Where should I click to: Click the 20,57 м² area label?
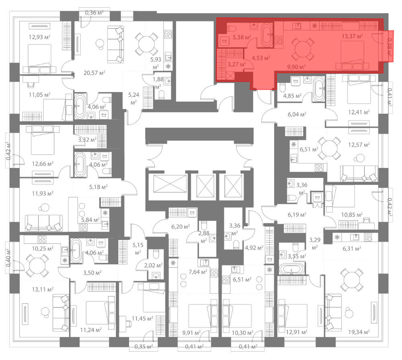coord(94,73)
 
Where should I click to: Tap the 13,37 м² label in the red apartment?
coord(352,36)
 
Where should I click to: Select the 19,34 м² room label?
coord(359,332)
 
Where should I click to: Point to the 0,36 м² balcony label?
coord(94,12)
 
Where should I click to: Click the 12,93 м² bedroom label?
coord(39,37)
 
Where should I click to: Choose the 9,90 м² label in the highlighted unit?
coord(296,67)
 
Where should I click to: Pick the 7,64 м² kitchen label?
coord(198,272)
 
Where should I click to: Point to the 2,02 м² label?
coord(153,266)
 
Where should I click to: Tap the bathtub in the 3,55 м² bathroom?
coord(292,269)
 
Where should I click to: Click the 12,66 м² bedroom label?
coord(43,164)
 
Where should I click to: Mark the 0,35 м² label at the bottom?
coord(144,347)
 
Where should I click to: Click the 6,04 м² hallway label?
coord(297,114)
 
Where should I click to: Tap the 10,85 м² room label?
coord(352,215)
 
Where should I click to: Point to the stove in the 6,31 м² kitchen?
coord(368,237)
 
